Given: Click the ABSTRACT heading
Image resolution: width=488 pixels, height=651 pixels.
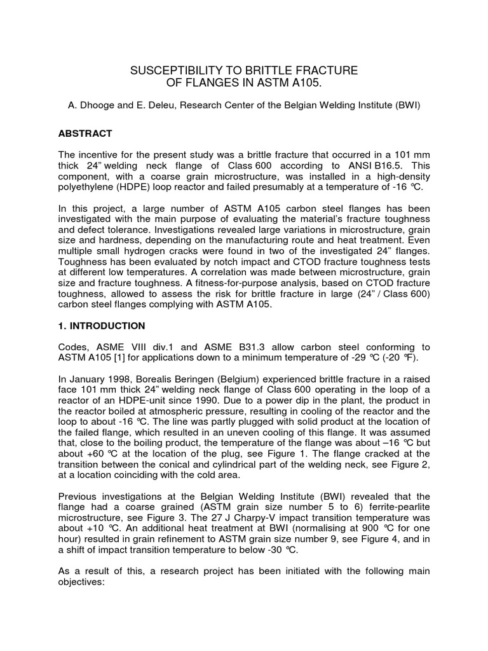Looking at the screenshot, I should [x=85, y=134].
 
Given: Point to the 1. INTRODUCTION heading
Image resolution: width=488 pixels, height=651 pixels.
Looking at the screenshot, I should [x=102, y=326].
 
